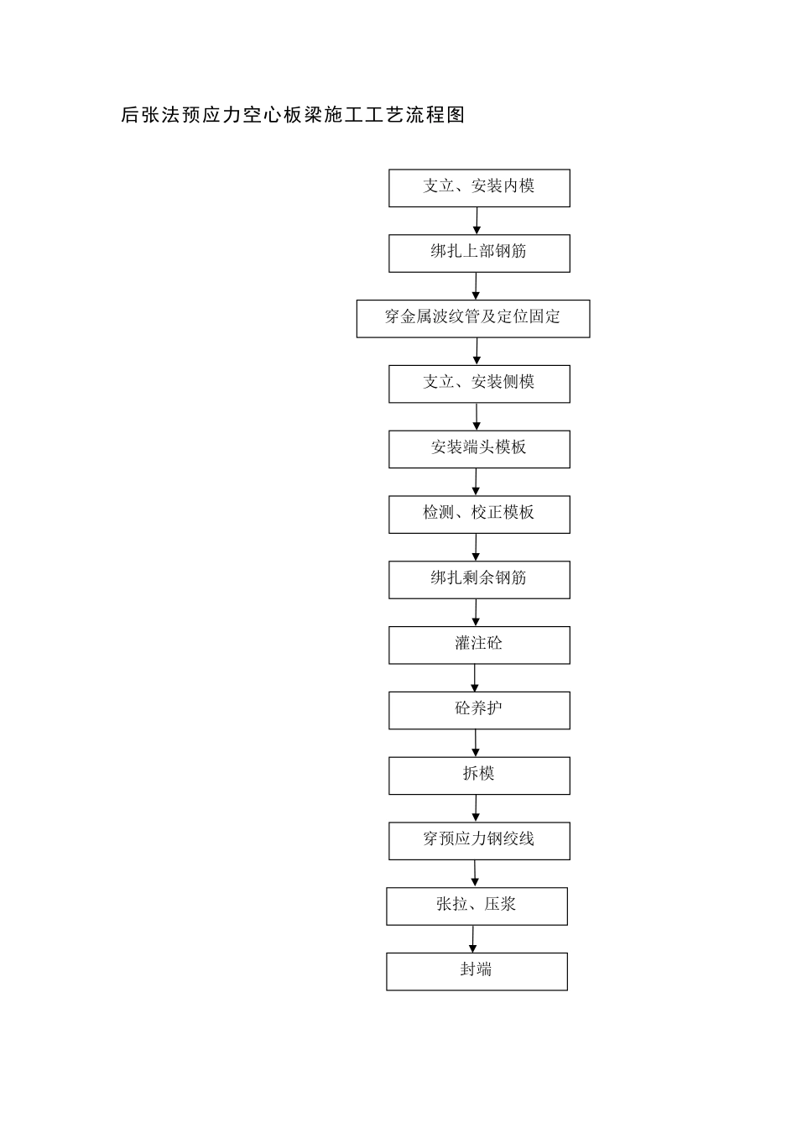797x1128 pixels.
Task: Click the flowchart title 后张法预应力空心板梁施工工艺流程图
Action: (x=293, y=115)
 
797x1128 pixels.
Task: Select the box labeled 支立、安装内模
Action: (x=479, y=188)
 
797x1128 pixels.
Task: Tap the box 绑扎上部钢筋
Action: (x=479, y=253)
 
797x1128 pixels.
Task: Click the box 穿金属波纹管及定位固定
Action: (x=473, y=319)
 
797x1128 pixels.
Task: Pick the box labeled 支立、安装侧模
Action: (x=479, y=384)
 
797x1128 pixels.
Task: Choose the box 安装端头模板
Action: (x=479, y=449)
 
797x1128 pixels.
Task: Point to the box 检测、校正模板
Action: (x=479, y=514)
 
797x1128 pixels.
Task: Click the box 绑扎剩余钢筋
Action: (x=479, y=580)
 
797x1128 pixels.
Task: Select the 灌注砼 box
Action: (x=479, y=645)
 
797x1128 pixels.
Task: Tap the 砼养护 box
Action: (x=479, y=711)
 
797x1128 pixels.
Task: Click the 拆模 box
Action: (x=479, y=775)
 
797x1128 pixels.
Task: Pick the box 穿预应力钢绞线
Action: (x=479, y=841)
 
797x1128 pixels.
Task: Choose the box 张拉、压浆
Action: (x=477, y=906)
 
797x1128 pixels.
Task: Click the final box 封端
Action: (x=477, y=971)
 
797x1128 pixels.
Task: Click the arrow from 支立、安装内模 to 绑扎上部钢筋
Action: (x=477, y=221)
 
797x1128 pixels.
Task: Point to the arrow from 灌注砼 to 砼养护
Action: (x=474, y=678)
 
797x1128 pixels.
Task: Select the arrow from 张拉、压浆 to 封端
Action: (x=473, y=939)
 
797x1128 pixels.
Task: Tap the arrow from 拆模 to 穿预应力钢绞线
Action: (x=476, y=808)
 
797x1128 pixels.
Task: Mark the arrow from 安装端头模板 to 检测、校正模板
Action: (x=476, y=482)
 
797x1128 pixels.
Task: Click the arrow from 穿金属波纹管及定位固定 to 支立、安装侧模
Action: (x=477, y=352)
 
